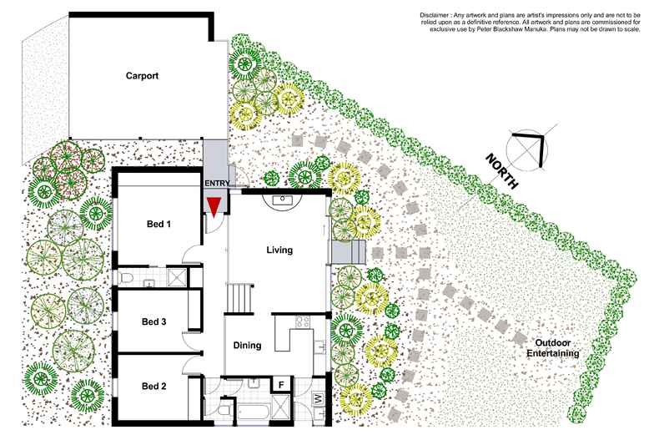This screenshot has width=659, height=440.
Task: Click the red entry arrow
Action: [x=214, y=207]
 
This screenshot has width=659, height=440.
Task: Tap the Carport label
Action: [x=142, y=76]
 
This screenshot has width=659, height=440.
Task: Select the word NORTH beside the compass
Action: [x=501, y=171]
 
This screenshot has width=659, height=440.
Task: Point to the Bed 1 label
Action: [x=158, y=224]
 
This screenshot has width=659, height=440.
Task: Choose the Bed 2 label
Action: [x=153, y=387]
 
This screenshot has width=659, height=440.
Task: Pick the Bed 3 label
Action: [x=153, y=321]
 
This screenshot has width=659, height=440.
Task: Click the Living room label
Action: [x=279, y=250]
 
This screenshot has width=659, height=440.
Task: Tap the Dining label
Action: [x=247, y=346]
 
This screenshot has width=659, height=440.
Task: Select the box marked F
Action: [x=281, y=384]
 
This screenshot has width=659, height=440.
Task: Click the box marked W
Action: [x=318, y=398]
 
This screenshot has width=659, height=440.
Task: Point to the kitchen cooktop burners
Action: [x=303, y=321]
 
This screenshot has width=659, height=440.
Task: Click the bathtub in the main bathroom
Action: [x=254, y=411]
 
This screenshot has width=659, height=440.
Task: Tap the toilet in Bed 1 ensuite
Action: [x=126, y=278]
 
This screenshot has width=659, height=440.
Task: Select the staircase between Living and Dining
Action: [x=240, y=298]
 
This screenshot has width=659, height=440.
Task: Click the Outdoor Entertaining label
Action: [x=553, y=348]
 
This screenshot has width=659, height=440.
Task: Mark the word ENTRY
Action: [x=217, y=183]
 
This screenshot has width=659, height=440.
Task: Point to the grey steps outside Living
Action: [x=349, y=252]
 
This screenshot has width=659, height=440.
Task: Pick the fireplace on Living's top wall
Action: [x=282, y=200]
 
